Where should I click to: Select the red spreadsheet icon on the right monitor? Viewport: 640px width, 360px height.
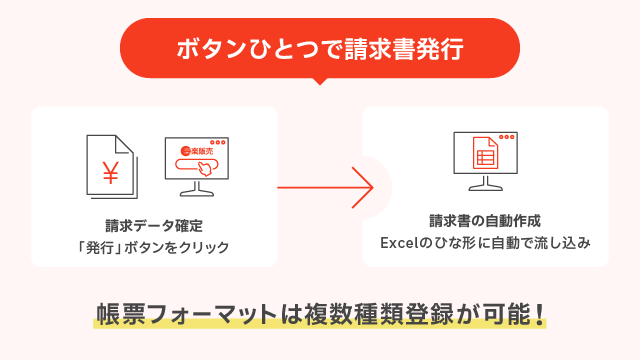pyautogui.click(x=485, y=155)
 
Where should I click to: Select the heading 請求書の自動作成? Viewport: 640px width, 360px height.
pyautogui.click(x=485, y=221)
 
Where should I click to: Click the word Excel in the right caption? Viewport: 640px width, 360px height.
pyautogui.click(x=399, y=243)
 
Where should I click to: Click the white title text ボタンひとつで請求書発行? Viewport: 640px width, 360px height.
pyautogui.click(x=320, y=48)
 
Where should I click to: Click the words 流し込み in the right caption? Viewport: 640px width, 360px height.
pyautogui.click(x=561, y=243)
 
